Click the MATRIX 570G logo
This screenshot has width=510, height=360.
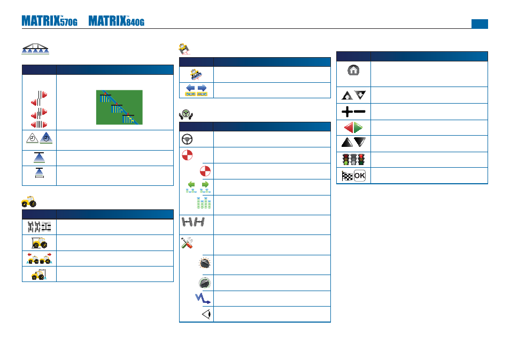point(49,21)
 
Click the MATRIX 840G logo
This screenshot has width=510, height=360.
point(117,21)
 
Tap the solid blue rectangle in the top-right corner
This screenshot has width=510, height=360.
point(480,24)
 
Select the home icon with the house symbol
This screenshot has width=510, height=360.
point(353,70)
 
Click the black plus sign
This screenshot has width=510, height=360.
point(347,112)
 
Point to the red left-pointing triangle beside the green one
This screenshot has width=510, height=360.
point(349,128)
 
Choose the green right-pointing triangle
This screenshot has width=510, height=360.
point(358,128)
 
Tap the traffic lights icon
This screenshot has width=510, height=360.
point(353,160)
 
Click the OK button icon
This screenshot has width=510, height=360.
point(360,176)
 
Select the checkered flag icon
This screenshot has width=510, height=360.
point(347,176)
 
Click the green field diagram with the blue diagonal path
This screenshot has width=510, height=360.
point(119,107)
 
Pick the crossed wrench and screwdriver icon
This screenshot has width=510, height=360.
point(187,242)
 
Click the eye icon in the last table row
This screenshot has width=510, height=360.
point(206,314)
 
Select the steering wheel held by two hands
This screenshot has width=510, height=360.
point(186,115)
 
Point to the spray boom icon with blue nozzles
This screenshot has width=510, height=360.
point(35,49)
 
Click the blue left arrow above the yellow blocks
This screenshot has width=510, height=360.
point(190,88)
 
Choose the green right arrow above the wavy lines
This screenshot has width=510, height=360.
point(205,184)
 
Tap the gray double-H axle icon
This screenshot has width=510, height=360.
point(193,222)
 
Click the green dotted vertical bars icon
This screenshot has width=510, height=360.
point(204,203)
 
